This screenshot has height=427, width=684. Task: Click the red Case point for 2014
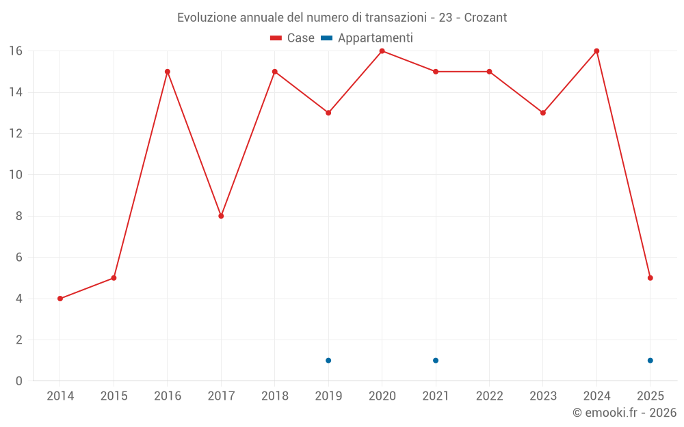pyautogui.click(x=60, y=299)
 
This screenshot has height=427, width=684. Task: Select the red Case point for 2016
pyautogui.click(x=168, y=72)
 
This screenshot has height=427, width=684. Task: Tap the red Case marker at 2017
pyautogui.click(x=221, y=216)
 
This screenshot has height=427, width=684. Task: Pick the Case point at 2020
pyautogui.click(x=382, y=51)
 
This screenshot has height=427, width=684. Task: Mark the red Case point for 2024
pyautogui.click(x=596, y=51)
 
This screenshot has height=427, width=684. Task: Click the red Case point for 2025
pyautogui.click(x=650, y=278)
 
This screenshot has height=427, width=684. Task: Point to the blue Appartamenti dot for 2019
pyautogui.click(x=328, y=361)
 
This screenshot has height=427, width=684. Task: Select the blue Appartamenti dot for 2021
pyautogui.click(x=436, y=361)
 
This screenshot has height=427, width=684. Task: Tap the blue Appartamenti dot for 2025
pyautogui.click(x=650, y=361)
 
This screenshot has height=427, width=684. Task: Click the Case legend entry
pyautogui.click(x=293, y=38)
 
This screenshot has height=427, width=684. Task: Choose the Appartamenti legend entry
pyautogui.click(x=367, y=38)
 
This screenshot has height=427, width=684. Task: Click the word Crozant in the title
pyautogui.click(x=486, y=18)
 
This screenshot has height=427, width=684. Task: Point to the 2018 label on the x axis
pyautogui.click(x=275, y=396)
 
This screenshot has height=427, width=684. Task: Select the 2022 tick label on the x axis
pyautogui.click(x=489, y=396)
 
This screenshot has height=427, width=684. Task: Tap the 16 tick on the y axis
pyautogui.click(x=16, y=51)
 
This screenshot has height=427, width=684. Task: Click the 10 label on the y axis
pyautogui.click(x=16, y=175)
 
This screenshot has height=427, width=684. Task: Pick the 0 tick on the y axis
pyautogui.click(x=19, y=381)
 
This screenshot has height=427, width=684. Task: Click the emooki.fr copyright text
pyautogui.click(x=624, y=413)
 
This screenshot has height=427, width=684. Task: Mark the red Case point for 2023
pyautogui.click(x=543, y=113)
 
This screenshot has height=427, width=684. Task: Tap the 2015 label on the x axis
pyautogui.click(x=114, y=396)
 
